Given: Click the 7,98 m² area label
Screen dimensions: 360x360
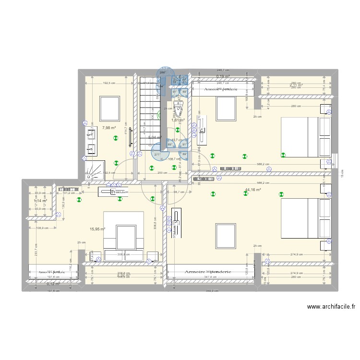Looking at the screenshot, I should click(x=109, y=128).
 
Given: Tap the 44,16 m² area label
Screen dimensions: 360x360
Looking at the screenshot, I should click(x=252, y=190).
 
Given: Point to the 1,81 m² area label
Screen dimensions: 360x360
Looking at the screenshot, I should click(x=178, y=120).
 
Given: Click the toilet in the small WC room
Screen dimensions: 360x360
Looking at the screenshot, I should click(x=179, y=109).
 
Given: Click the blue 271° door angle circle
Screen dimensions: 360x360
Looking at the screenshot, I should click(x=158, y=153).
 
